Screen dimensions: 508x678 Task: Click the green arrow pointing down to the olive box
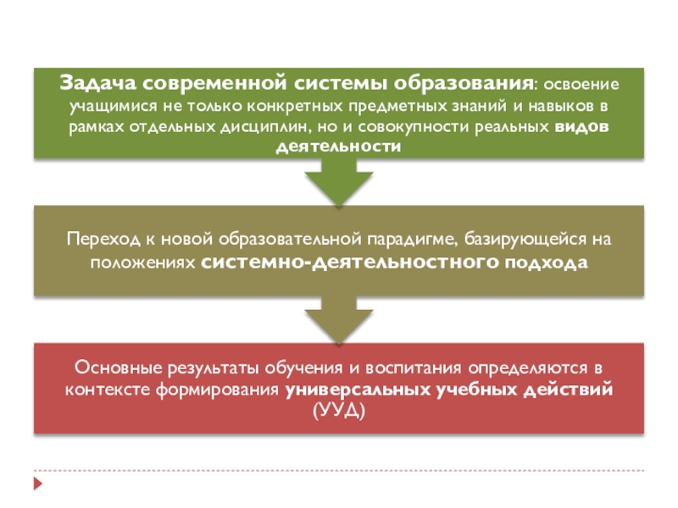(x=338, y=182)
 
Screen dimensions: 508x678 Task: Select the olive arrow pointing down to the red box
(x=338, y=318)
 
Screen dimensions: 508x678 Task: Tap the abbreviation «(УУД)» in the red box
(x=338, y=410)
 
